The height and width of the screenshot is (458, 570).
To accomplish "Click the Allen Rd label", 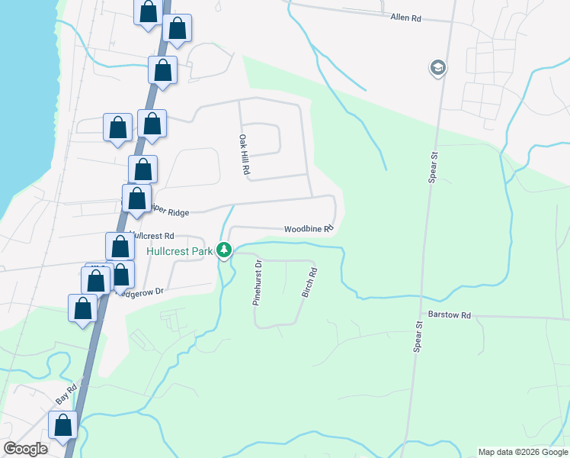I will [405, 17].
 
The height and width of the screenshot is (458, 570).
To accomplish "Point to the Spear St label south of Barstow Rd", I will [418, 337].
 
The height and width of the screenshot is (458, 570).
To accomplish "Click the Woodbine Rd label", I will [309, 228].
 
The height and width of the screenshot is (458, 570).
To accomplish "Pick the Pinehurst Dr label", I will [258, 282].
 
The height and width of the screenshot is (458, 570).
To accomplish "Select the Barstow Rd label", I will [450, 314].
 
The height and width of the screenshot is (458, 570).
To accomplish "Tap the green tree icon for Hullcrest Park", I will [224, 250].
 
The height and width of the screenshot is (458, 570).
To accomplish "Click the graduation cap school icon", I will [437, 69].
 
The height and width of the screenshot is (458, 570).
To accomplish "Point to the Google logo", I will [25, 449].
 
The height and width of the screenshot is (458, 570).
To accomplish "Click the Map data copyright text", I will [523, 452].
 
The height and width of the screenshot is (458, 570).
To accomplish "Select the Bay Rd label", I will [67, 394].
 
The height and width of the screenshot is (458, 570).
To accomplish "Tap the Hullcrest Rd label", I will [155, 236].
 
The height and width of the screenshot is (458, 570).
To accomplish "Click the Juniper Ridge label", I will [168, 213].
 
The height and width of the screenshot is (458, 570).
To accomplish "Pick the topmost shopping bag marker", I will [148, 12].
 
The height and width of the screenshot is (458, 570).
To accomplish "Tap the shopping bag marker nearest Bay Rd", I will [63, 424].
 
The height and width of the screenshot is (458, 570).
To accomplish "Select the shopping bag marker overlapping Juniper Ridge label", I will [136, 199].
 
